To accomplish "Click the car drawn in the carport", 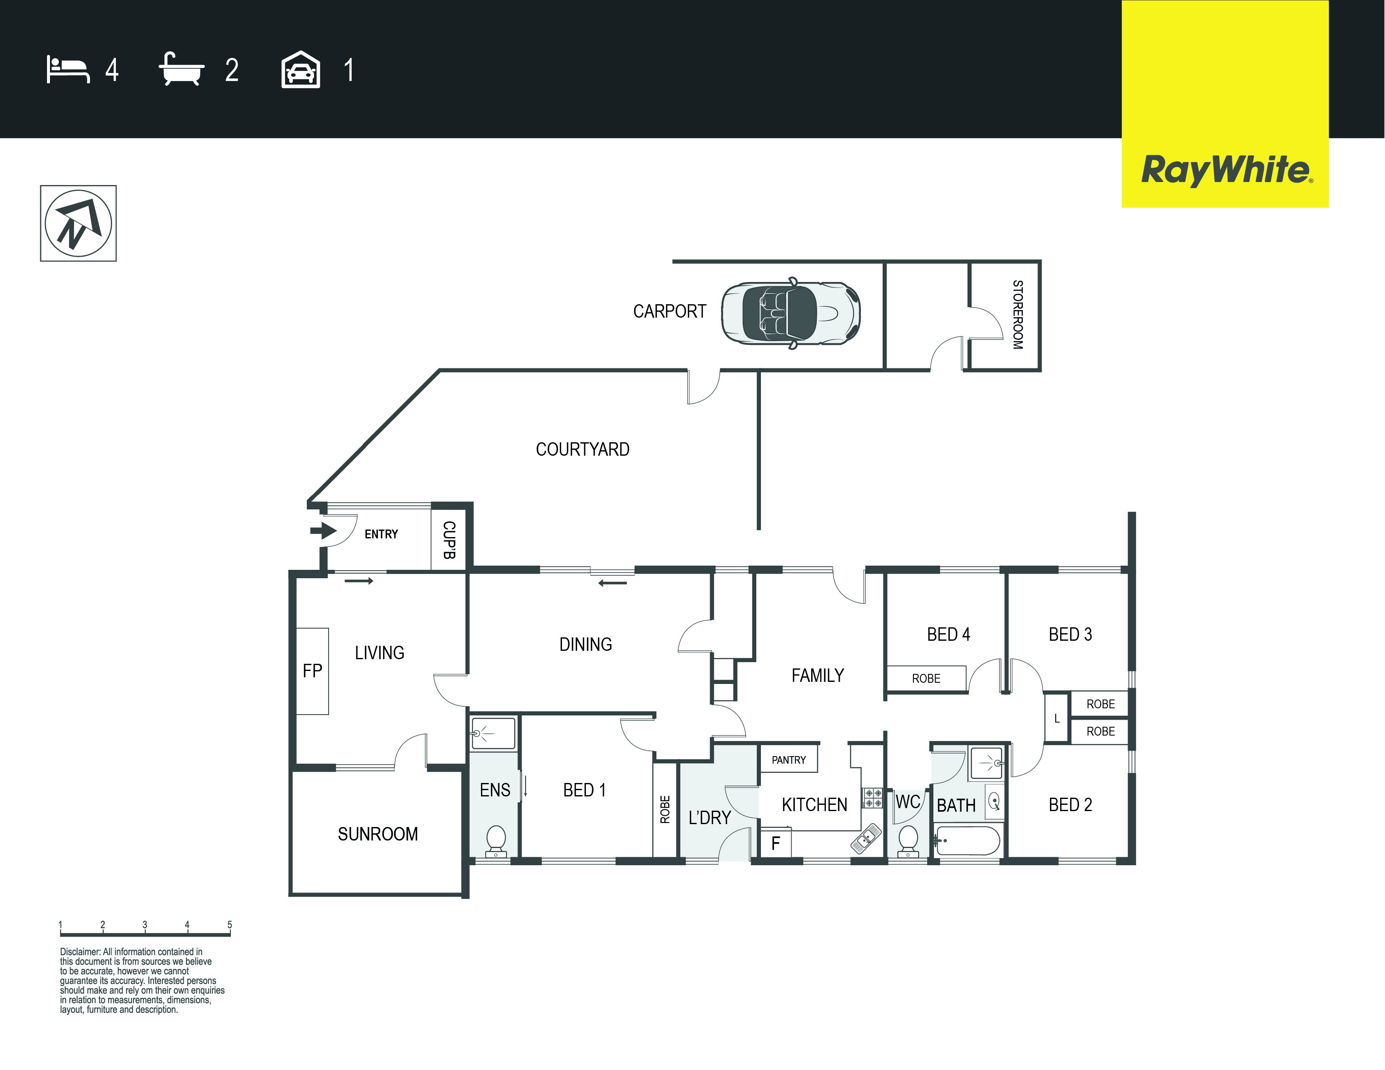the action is point(791,313).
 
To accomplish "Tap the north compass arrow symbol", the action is point(78,223).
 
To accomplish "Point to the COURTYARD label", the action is point(582,449).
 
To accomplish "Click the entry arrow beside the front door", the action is point(324,530).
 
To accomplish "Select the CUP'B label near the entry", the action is point(449,540).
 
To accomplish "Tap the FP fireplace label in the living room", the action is point(312,671).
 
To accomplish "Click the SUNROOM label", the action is point(378,834).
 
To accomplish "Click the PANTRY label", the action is point(789,760).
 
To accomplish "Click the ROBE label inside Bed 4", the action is point(926,678).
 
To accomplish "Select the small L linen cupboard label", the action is point(1056,719).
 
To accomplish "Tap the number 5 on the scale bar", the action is point(230,925).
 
